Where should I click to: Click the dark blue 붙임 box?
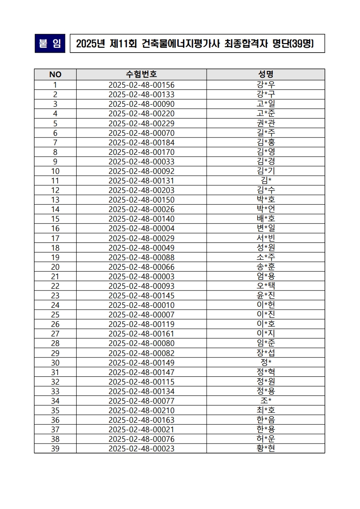pos(50,44)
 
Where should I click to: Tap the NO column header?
pos(55,74)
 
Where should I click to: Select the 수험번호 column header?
pos(141,74)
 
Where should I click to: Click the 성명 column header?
pos(266,74)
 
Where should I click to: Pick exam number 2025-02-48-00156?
pos(141,85)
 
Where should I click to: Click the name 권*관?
pos(266,123)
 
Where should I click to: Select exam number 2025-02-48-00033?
pos(141,162)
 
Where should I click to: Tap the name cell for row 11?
pos(266,181)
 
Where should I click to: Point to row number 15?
pos(55,219)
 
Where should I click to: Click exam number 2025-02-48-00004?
pos(141,228)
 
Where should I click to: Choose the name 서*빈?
pos(266,238)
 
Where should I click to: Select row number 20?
pos(55,267)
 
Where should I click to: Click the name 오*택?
pos(266,286)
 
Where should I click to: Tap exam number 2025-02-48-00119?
pos(141,324)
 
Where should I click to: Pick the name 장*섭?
pos(266,353)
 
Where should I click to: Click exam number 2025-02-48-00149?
pos(141,362)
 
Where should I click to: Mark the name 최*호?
pos(266,410)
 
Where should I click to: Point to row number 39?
pos(55,449)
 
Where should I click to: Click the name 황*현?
pos(266,449)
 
